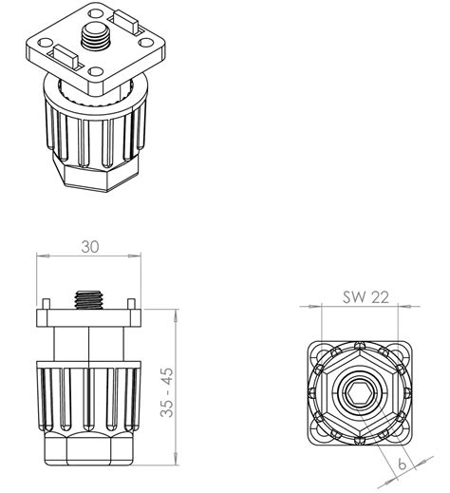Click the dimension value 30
click(x=89, y=246)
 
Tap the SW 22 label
click(x=366, y=297)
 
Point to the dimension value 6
click(x=402, y=465)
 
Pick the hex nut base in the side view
click(x=88, y=449)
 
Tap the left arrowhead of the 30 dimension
click(x=40, y=256)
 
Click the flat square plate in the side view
click(x=89, y=317)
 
